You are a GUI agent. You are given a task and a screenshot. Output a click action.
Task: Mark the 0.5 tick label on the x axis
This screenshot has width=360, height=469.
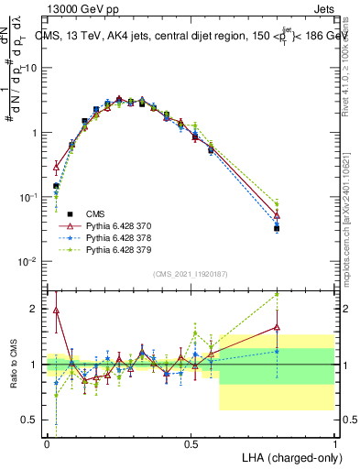click(191, 443)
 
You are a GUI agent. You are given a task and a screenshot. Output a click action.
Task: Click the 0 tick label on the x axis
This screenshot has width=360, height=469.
click(47, 443)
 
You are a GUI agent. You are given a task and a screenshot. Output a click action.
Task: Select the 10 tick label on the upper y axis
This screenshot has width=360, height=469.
click(31, 68)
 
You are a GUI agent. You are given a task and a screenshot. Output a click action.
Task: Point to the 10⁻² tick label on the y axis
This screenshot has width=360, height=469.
click(27, 262)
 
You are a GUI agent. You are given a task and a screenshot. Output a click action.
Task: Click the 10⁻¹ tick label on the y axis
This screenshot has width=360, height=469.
click(27, 197)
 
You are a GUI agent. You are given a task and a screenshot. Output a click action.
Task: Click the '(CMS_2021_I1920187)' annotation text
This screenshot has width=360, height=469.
click(191, 273)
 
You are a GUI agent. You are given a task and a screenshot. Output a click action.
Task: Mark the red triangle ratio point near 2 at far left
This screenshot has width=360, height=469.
click(56, 310)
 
